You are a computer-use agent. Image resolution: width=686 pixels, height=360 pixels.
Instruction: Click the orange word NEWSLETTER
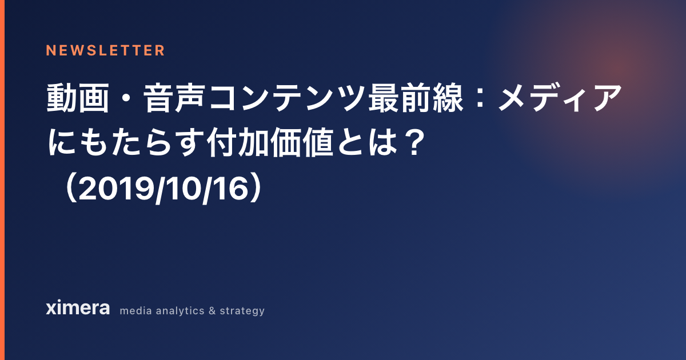click(105, 50)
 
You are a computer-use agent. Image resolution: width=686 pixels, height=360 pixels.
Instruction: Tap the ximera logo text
click(78, 307)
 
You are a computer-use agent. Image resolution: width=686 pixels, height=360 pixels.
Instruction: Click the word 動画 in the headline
click(78, 98)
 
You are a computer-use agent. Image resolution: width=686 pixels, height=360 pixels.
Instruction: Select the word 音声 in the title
click(174, 98)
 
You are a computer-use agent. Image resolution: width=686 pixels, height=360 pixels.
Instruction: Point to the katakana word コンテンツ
click(286, 98)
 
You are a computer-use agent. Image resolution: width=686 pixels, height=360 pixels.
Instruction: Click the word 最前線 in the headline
click(416, 98)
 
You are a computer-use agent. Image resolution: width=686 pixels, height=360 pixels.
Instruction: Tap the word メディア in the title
click(560, 98)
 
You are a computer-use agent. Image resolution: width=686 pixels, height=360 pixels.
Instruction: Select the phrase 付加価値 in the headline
click(270, 142)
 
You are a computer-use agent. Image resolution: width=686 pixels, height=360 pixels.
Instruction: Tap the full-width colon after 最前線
click(480, 98)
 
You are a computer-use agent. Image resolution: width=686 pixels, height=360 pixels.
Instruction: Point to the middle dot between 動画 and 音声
click(126, 98)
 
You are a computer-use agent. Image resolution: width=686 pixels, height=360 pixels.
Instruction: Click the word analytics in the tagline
click(180, 311)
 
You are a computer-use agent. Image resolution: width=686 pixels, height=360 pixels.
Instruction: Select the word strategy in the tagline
click(242, 311)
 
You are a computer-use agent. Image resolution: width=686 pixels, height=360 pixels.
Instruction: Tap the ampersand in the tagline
click(212, 311)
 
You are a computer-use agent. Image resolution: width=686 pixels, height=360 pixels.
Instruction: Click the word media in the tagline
click(135, 311)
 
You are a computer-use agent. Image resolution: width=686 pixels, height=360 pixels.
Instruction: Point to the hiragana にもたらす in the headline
click(126, 142)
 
